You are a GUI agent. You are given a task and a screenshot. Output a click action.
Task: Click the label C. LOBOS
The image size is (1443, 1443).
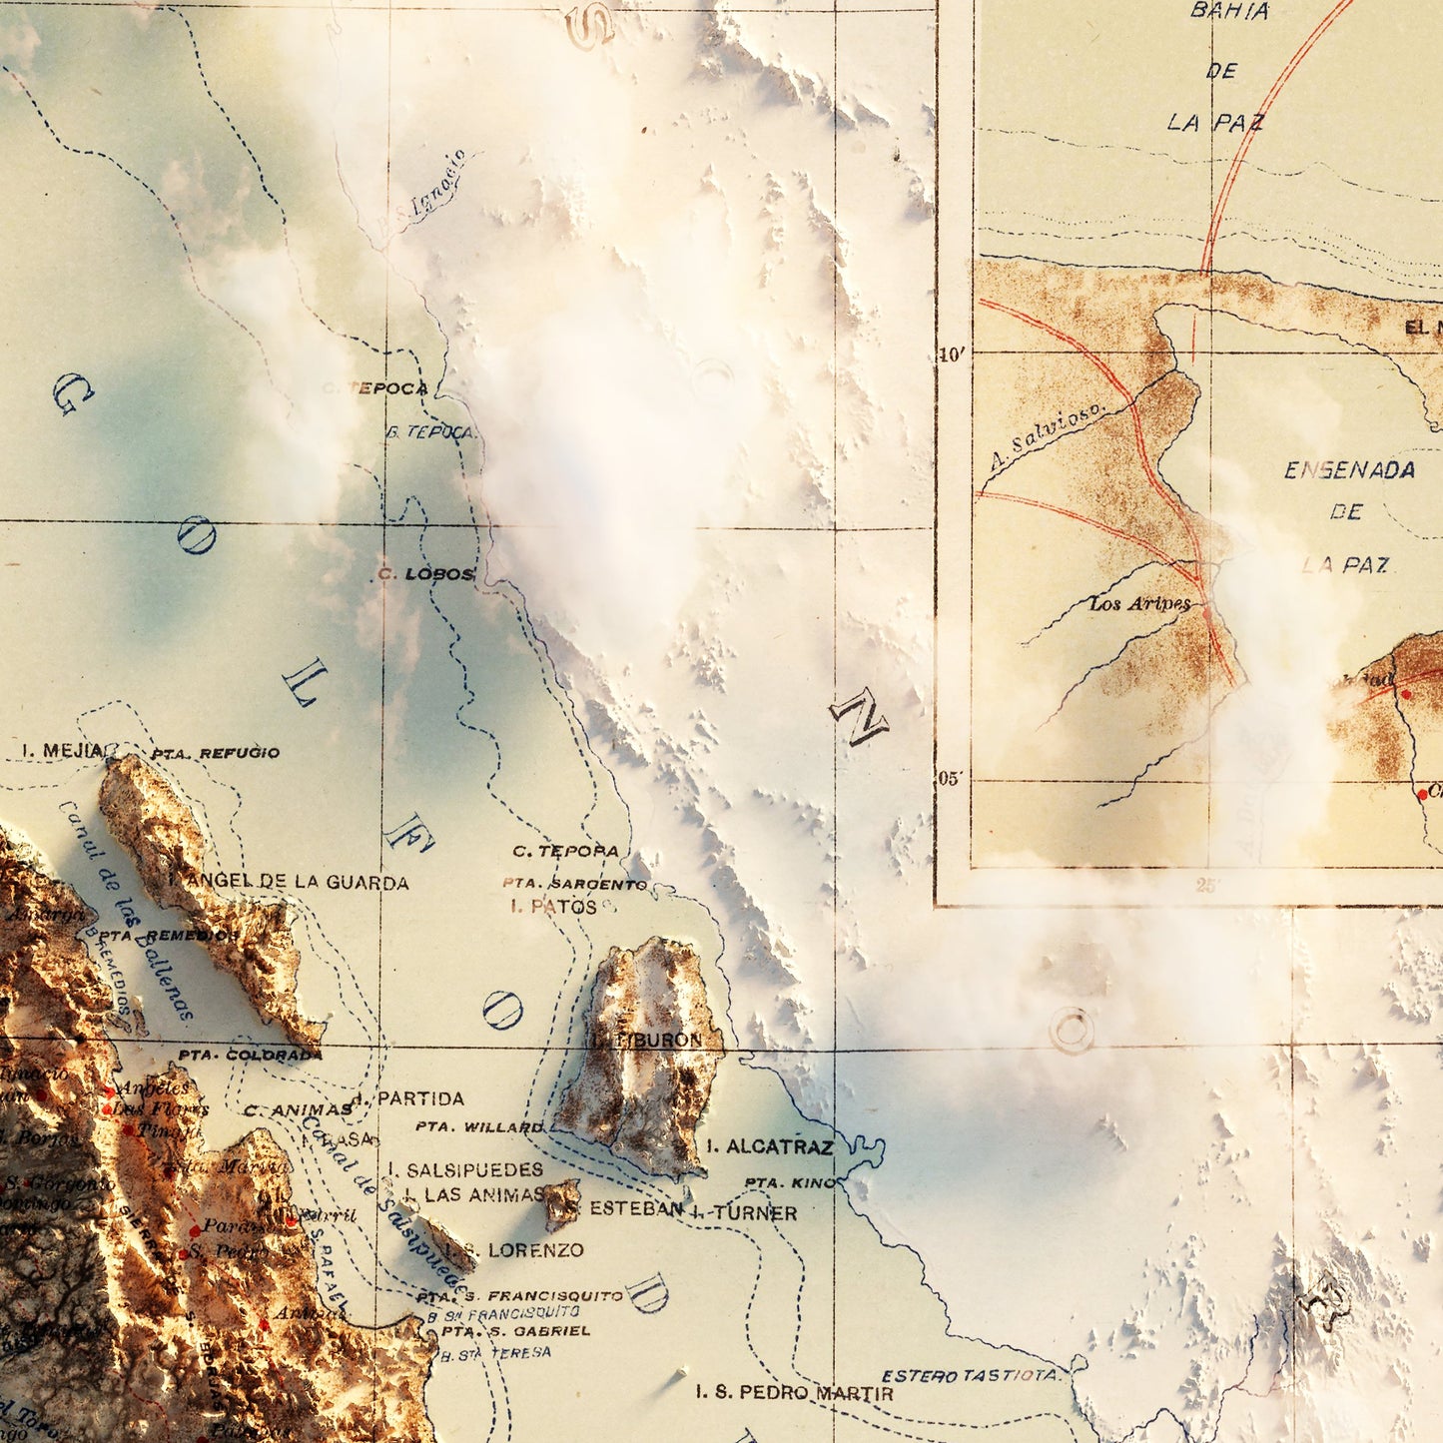coord(425,574)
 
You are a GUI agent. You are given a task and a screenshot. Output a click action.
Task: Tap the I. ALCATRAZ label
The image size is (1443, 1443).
coord(769,1146)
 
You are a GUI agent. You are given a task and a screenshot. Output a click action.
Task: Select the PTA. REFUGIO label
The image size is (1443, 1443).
coord(216,753)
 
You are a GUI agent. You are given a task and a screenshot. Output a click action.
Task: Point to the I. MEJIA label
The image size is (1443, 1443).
coord(61,750)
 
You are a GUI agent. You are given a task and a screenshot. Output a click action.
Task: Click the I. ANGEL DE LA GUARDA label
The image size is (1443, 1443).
coord(289,882)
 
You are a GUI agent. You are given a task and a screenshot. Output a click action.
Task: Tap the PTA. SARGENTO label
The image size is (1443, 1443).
coord(575,884)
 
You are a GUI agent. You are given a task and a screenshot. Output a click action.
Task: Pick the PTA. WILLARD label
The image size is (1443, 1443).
coord(479,1127)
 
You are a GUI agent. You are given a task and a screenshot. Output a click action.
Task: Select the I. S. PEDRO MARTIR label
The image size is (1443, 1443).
coord(794,1391)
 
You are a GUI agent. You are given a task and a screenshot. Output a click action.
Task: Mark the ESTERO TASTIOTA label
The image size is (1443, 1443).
coord(970,1375)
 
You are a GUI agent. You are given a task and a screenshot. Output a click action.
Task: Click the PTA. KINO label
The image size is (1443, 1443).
coord(790,1182)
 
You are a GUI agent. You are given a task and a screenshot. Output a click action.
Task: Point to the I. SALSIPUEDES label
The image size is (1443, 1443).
coord(465,1169)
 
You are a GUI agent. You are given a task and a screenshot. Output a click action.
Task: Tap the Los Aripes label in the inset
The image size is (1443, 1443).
coord(1139,603)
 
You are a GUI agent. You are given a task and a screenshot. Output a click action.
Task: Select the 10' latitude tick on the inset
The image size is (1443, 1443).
coord(953,355)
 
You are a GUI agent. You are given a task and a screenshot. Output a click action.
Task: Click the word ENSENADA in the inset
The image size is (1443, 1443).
coord(1349,469)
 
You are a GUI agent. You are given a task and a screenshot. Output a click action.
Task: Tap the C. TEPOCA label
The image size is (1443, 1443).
coord(376,388)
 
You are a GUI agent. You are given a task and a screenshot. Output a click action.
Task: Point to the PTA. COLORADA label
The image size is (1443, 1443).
coord(250,1055)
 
